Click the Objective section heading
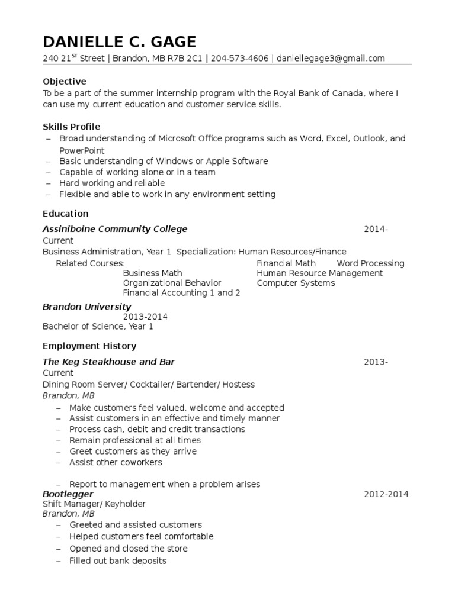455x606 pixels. pos(65,81)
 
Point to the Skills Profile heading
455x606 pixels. pos(72,127)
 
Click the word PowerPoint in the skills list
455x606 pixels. pos(82,150)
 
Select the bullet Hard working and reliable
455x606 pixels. pos(112,183)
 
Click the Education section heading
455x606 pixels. pos(66,214)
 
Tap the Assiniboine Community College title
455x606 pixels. pos(115,229)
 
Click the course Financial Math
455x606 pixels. pos(286,263)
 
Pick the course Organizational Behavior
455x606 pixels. pos(172,283)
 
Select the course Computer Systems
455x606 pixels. pos(296,283)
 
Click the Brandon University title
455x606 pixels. pos(87,307)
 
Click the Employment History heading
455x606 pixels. pos(89,346)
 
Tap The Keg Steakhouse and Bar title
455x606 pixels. pos(109,362)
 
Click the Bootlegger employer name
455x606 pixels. pos(68,494)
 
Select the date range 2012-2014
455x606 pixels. pos(386,494)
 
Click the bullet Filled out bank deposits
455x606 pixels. pos(117,560)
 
